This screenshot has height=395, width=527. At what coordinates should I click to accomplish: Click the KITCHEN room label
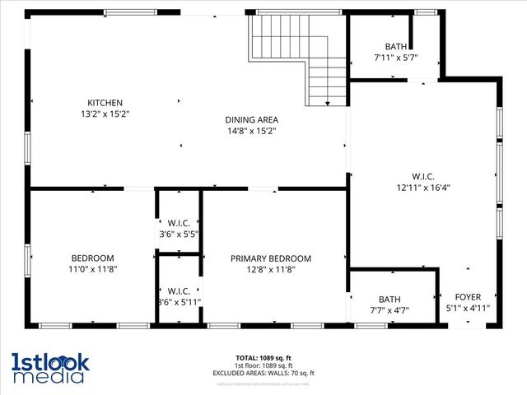click(105, 102)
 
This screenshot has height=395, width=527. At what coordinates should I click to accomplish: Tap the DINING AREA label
click(251, 118)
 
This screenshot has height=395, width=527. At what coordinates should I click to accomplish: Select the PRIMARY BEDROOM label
click(270, 258)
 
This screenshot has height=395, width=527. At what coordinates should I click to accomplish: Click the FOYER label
click(468, 297)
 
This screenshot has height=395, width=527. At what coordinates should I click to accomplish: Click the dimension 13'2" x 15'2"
click(105, 114)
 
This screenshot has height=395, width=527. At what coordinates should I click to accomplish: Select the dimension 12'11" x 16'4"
click(422, 187)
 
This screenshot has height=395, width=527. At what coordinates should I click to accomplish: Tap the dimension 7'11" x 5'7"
click(396, 58)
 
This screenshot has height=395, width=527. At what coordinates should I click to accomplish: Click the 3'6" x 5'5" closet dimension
click(179, 234)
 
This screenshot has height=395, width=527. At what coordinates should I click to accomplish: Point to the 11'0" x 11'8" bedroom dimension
click(92, 269)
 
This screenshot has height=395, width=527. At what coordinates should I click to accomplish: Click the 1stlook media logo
click(49, 368)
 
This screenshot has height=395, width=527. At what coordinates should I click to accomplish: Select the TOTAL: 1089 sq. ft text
click(263, 358)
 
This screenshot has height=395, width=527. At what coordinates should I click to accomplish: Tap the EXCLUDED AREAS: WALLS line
click(263, 373)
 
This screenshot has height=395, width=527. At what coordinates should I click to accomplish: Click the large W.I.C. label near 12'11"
click(422, 175)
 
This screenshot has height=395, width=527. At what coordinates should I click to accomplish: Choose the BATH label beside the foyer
click(389, 300)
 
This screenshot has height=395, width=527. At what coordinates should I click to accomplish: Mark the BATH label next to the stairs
click(396, 46)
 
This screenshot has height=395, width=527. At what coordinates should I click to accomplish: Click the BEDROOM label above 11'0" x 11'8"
click(92, 258)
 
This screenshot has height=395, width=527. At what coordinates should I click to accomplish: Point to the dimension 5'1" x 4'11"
click(467, 309)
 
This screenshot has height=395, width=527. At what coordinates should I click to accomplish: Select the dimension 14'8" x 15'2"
click(251, 130)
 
